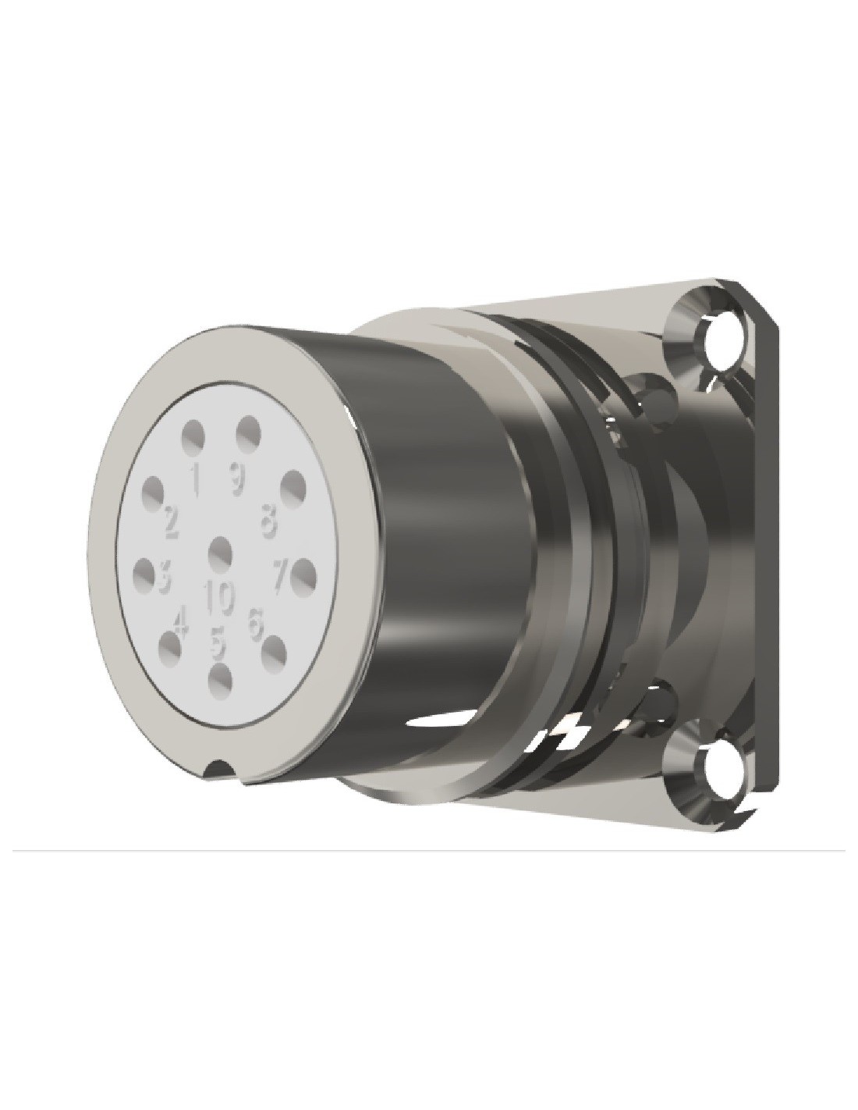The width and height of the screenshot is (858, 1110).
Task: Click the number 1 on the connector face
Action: (x=194, y=477)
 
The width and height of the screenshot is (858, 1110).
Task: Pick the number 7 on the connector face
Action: (x=282, y=577)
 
